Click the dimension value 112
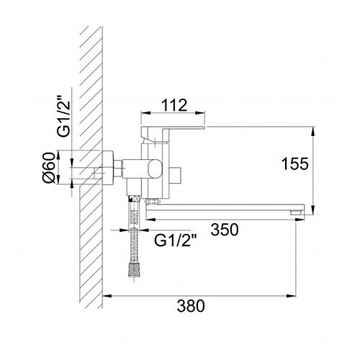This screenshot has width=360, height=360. pos(174,105)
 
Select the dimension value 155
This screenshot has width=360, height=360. pos(295,164)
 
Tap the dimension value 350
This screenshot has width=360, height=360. pos(225,230)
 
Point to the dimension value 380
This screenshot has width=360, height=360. pos(191,306)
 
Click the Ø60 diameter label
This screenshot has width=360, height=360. pos(49,168)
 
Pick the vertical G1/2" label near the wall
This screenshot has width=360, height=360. pos(63,116)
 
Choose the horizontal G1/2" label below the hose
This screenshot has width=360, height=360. pos(176,240)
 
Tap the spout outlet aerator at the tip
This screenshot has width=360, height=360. pos(295,212)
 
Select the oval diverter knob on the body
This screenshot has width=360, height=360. pos(156,170)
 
